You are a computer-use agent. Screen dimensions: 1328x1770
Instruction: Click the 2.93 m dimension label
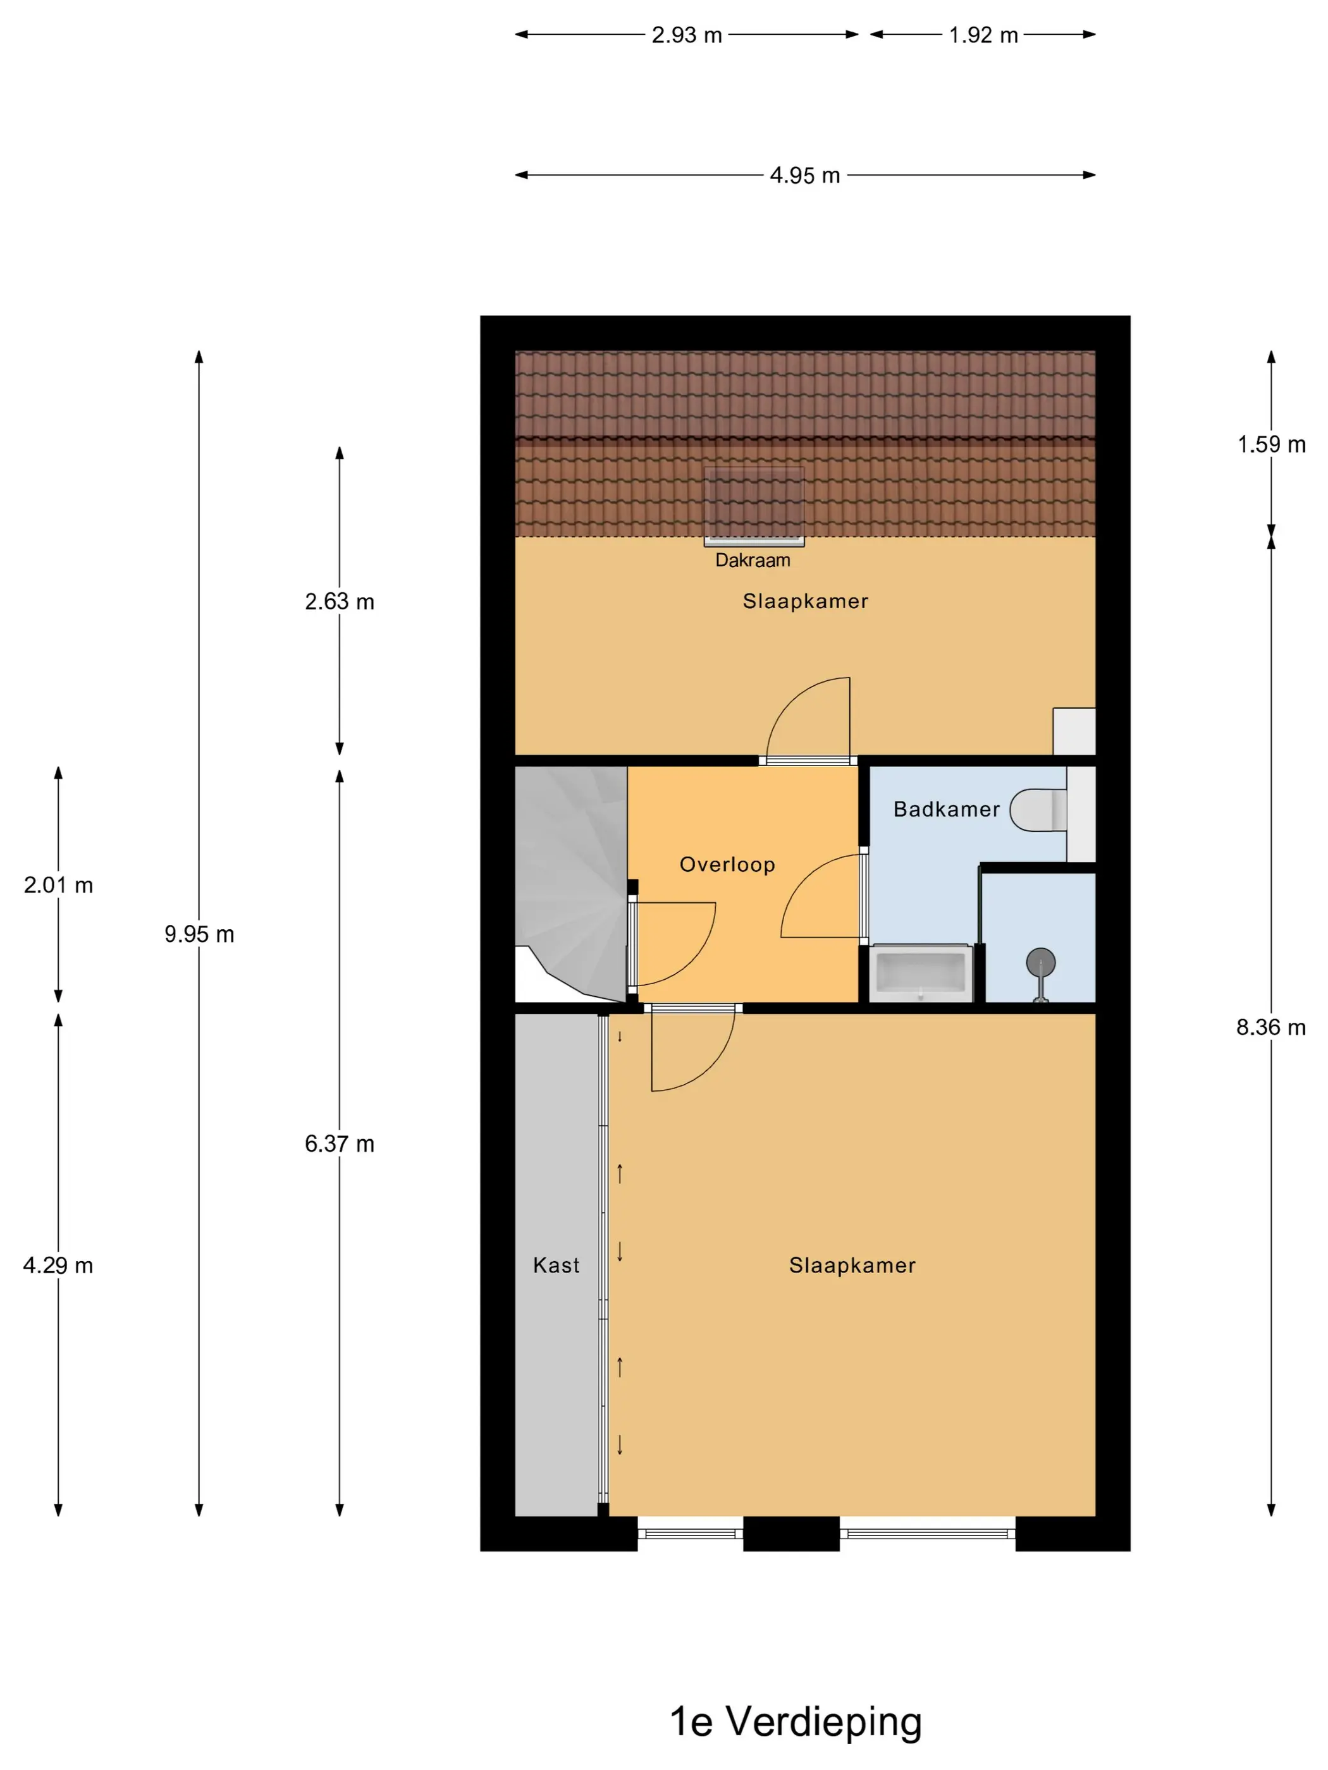click(686, 35)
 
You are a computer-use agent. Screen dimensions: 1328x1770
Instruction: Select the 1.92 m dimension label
click(983, 35)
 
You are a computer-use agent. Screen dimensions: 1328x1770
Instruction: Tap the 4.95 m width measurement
click(804, 175)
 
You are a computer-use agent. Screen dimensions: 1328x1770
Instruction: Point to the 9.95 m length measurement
click(199, 934)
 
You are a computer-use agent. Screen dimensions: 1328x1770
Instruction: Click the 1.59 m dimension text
click(1271, 444)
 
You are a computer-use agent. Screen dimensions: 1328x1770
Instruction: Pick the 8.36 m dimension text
click(1270, 1027)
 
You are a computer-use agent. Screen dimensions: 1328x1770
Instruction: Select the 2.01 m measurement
click(58, 885)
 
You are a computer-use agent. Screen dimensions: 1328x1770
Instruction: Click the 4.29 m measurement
click(58, 1265)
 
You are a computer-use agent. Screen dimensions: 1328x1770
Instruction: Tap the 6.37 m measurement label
click(340, 1144)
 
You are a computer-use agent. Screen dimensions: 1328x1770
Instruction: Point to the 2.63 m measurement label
click(340, 601)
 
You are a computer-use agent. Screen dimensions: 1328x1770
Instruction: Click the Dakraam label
click(753, 560)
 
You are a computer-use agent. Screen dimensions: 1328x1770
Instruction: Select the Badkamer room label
click(946, 809)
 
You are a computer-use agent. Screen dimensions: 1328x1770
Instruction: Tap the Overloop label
click(727, 864)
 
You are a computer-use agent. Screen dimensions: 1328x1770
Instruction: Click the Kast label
click(556, 1265)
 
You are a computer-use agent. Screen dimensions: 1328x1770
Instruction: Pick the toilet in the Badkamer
click(1038, 810)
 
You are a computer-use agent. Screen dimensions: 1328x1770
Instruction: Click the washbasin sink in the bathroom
click(921, 973)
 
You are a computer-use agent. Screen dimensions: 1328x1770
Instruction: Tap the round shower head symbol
click(1041, 963)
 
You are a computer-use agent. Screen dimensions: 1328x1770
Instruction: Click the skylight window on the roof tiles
click(754, 506)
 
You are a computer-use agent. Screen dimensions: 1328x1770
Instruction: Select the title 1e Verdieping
click(796, 1721)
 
